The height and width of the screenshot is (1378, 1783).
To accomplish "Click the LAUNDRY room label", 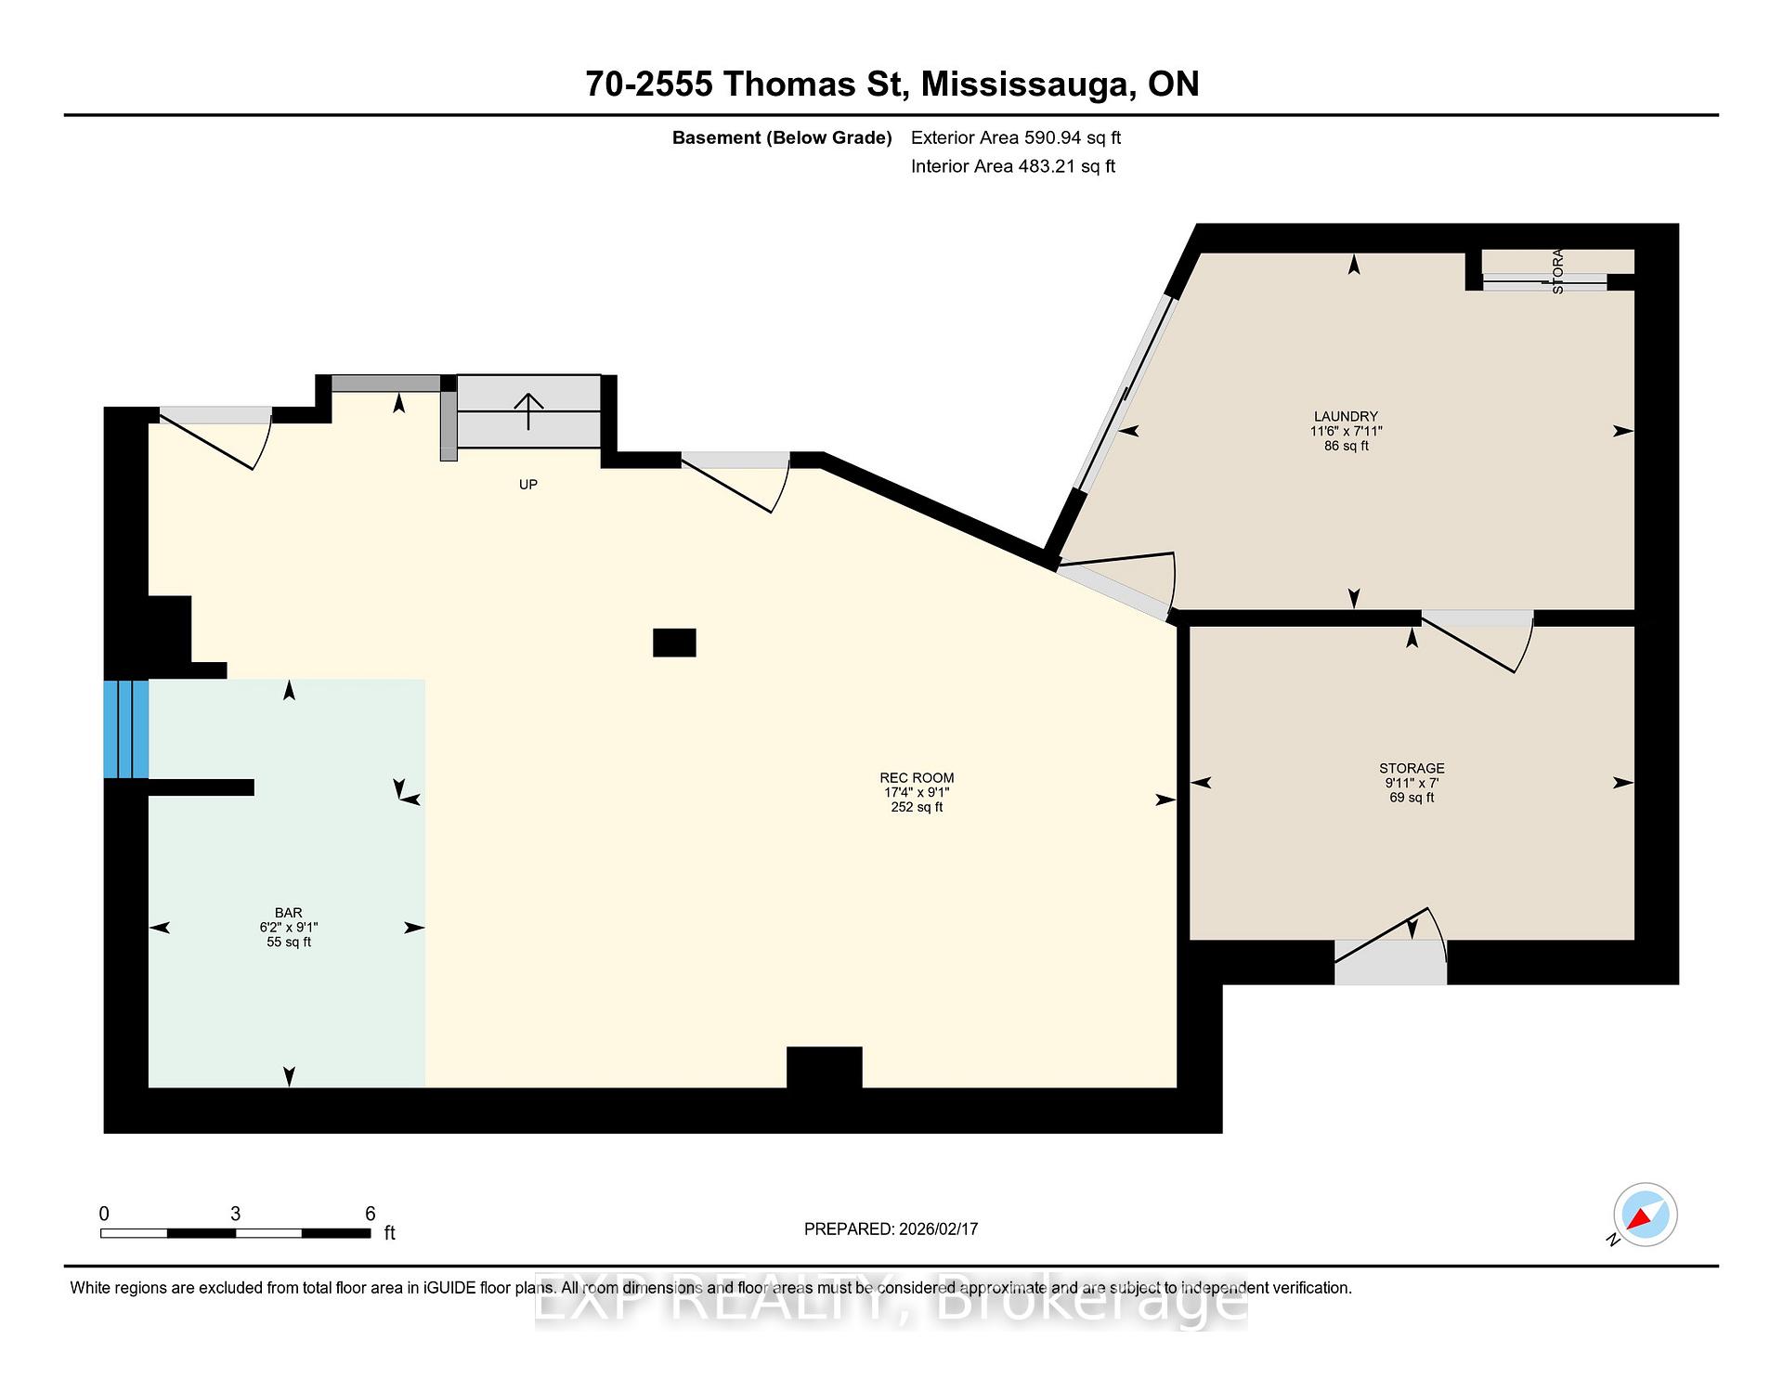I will point(1346,417).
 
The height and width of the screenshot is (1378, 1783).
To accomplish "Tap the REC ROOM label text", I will point(917,778).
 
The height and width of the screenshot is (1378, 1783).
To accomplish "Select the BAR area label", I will point(288,913).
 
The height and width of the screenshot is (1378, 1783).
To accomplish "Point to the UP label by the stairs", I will point(527,485).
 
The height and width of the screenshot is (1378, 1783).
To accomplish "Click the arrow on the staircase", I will point(528,409).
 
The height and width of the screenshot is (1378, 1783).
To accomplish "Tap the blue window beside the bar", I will point(125,729).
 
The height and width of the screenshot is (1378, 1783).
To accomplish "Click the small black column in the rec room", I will point(674,643).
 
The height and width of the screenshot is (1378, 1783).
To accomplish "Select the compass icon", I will point(1645,1215).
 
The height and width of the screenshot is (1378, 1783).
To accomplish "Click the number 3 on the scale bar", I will point(235,1214).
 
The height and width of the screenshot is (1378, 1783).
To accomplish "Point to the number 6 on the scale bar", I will point(370,1214).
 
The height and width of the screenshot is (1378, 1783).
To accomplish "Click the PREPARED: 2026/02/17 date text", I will point(891,1228).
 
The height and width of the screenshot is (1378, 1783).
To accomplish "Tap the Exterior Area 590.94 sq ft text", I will point(1015,137).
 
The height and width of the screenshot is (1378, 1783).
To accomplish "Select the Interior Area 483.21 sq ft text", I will point(1012,166).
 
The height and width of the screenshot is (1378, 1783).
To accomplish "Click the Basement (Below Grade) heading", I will point(782,137).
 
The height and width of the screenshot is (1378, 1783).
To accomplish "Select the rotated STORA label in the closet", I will point(1557,271).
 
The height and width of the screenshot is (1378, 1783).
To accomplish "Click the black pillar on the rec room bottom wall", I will point(824,1067).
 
